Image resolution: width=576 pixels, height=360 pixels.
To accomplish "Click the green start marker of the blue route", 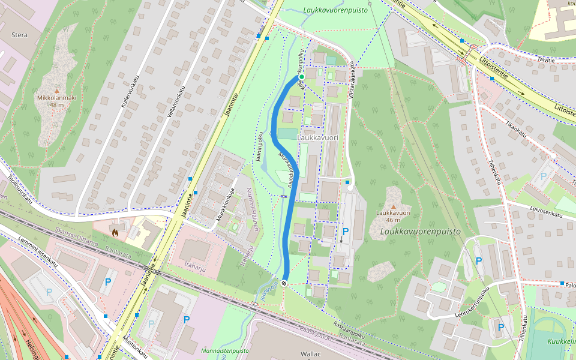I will [301, 77].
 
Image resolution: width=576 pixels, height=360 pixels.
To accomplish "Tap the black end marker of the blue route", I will [284, 283].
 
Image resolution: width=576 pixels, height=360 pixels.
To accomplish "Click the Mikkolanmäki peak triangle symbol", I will [56, 89].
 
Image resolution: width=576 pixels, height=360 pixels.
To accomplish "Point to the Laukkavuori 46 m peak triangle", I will [393, 206].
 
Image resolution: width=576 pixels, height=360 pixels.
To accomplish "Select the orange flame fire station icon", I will [115, 230].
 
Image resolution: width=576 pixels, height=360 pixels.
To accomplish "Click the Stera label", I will [19, 35].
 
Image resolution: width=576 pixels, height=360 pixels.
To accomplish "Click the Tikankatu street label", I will [515, 130].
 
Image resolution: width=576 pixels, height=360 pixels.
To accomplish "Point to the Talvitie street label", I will [546, 59].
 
